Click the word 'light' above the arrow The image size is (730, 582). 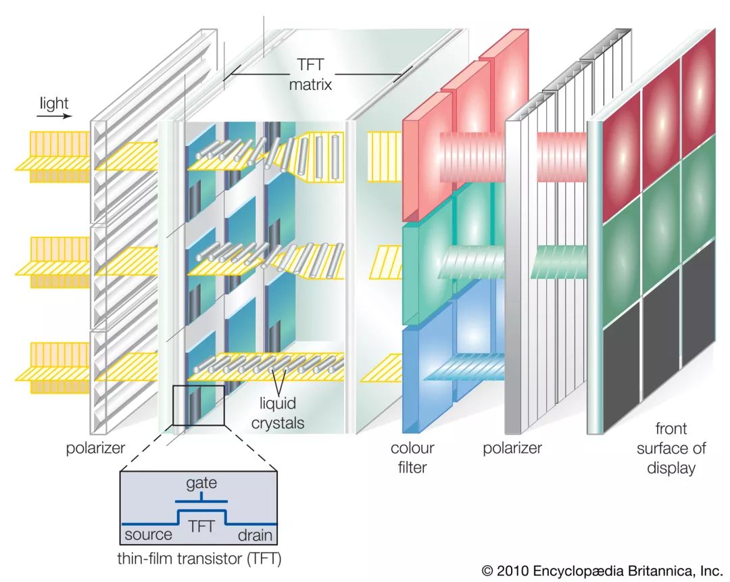click(54, 103)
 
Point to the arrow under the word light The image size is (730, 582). click(55, 116)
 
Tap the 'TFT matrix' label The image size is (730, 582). click(310, 74)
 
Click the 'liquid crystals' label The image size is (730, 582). click(278, 413)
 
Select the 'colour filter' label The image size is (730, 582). click(412, 457)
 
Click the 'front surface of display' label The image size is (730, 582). click(671, 448)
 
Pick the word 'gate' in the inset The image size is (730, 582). click(201, 484)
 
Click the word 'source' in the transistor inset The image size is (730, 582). click(148, 535)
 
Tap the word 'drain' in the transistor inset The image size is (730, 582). click(255, 535)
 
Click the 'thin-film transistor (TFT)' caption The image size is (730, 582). click(199, 558)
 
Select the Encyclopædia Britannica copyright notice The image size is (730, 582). click(602, 571)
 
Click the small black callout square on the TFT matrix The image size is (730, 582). click(198, 405)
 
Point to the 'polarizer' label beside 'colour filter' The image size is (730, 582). click(512, 448)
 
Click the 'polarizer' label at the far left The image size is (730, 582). click(95, 448)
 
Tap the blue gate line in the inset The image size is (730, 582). click(201, 500)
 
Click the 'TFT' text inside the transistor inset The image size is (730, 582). click(201, 526)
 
